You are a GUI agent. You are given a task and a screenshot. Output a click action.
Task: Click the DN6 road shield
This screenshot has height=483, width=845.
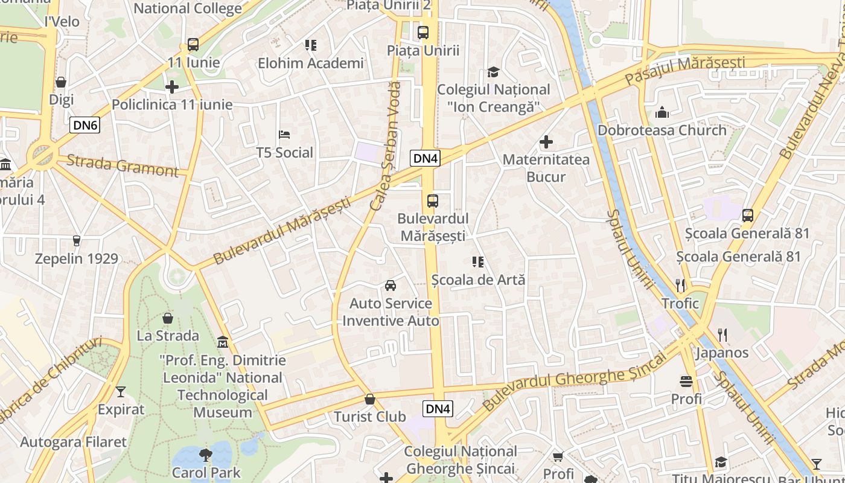pos(84,126)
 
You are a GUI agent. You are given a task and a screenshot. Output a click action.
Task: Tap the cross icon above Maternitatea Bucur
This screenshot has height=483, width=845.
pos(546,142)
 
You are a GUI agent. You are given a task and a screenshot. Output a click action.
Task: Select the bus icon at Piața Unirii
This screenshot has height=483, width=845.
pos(423,33)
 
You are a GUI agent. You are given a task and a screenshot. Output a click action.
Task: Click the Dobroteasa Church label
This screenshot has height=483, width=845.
pos(662,130)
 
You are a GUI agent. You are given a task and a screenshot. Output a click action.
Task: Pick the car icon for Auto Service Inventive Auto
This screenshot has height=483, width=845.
pos(391,285)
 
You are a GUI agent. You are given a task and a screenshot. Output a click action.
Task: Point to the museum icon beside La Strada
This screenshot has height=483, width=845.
pos(223,342)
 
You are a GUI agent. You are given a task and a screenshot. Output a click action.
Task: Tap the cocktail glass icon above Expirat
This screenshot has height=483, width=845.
pos(121,392)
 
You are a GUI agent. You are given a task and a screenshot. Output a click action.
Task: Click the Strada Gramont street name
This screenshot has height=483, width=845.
pos(123,165)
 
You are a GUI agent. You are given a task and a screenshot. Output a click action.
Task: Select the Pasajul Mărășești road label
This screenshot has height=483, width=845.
pos(684,70)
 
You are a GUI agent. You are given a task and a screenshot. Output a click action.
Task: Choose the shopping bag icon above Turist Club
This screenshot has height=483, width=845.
pos(370,399)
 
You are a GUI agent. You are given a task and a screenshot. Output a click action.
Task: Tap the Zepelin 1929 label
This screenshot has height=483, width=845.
pos(77,258)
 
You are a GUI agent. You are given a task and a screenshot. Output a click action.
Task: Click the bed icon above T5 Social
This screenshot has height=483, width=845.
pos(284,135)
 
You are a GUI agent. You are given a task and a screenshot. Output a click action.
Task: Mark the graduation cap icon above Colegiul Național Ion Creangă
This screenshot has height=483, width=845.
pos(493,72)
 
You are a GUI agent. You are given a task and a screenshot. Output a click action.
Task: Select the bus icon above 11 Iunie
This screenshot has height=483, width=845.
pos(193,45)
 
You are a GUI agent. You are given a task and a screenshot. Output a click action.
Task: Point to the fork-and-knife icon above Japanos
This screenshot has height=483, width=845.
pos(722,334)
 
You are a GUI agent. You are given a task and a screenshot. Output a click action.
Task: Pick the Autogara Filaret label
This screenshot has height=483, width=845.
pos(74,442)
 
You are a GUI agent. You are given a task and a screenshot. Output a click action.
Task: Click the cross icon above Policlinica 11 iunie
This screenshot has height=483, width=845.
pos(172,87)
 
